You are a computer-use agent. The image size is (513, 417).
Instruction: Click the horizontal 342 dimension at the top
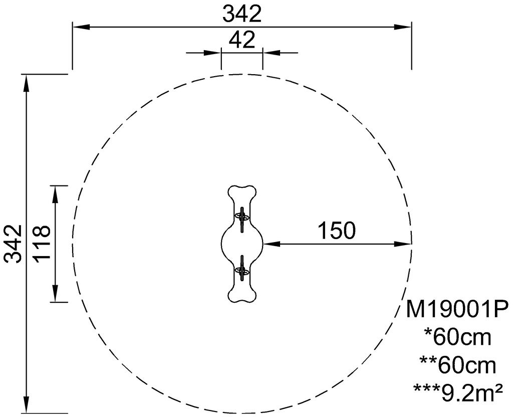pyautogui.click(x=242, y=14)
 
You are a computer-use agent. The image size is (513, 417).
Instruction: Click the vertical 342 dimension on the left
pyautogui.click(x=13, y=244)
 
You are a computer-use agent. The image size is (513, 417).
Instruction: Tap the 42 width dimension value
pyautogui.click(x=242, y=40)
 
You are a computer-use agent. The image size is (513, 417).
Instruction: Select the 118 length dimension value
pyautogui.click(x=42, y=243)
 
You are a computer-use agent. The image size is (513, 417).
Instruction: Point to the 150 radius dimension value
pyautogui.click(x=336, y=231)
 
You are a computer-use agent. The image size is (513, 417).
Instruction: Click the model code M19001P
pyautogui.click(x=457, y=309)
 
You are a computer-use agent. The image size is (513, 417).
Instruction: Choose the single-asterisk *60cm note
pyautogui.click(x=457, y=337)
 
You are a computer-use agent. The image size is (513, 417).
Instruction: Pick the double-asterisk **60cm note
pyautogui.click(x=457, y=365)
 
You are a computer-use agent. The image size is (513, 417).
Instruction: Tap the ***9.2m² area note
pyautogui.click(x=458, y=393)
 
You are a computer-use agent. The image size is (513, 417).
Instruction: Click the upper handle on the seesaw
pyautogui.click(x=242, y=219)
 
